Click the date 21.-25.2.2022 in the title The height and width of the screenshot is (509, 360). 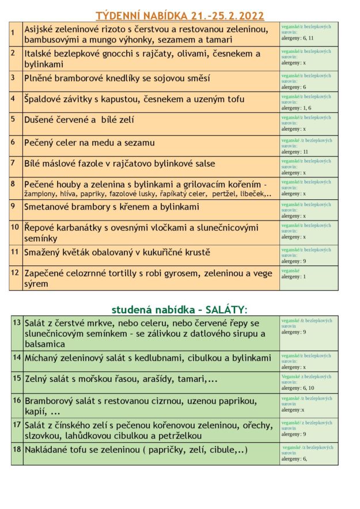click(x=224, y=16)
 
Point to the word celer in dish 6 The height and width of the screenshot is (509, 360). click(x=68, y=142)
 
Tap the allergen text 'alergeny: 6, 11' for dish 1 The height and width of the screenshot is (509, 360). click(x=297, y=38)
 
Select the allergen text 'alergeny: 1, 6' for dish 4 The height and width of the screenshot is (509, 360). click(x=296, y=108)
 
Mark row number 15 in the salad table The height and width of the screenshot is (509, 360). click(x=17, y=378)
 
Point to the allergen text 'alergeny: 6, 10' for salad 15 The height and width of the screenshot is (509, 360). click(x=297, y=388)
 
